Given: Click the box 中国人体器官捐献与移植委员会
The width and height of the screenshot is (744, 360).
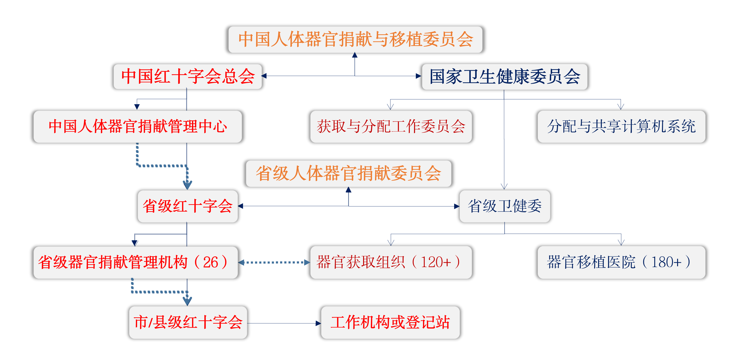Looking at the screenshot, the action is (355, 40).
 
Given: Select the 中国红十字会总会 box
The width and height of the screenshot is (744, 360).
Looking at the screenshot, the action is (188, 76).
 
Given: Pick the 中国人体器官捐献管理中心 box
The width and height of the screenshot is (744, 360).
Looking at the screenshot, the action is (138, 127).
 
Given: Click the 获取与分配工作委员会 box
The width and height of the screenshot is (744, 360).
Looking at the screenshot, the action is (391, 127).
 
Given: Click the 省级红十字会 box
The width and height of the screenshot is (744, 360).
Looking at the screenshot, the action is (188, 206).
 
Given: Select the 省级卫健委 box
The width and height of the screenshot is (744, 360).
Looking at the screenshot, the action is (505, 206).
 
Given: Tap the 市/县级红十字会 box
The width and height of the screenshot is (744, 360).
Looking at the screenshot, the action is (188, 322).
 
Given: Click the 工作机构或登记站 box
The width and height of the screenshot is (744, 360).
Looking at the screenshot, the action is (390, 322).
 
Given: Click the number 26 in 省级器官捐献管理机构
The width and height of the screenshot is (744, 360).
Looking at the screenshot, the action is (210, 263).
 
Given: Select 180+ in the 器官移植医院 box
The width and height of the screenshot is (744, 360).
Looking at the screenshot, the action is (666, 262).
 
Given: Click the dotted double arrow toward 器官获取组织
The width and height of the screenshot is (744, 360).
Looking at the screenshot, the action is (274, 262).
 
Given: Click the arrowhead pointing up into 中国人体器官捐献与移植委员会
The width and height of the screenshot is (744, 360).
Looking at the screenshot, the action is (355, 55).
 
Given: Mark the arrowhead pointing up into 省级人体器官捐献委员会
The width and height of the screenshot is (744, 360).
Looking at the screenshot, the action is (349, 190).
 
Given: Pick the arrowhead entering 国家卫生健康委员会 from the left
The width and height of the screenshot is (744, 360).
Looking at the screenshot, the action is (419, 76).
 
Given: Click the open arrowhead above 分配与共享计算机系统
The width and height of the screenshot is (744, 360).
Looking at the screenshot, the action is (621, 106).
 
